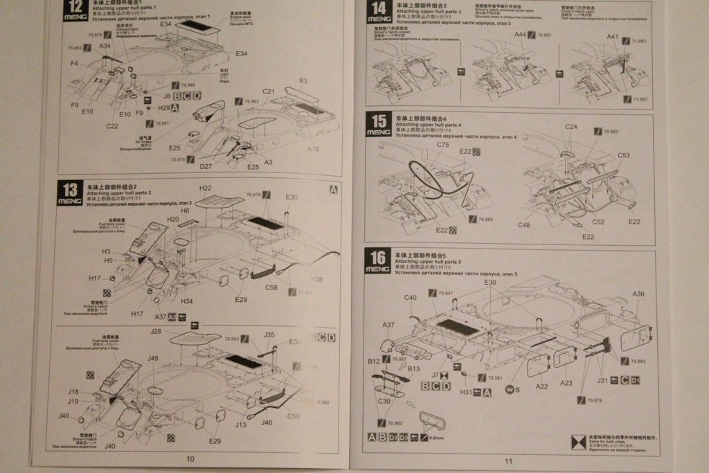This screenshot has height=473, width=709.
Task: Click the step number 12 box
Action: pyautogui.click(x=74, y=10)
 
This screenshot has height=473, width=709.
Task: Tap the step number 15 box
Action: pyautogui.click(x=378, y=123)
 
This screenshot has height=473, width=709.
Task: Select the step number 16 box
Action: pyautogui.click(x=378, y=260)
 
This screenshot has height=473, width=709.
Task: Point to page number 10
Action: pyautogui.click(x=190, y=458)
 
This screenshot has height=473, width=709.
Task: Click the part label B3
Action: pyautogui.click(x=303, y=81)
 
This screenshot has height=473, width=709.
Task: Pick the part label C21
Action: pyautogui.click(x=269, y=91)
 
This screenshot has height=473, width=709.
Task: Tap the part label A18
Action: pyautogui.click(x=313, y=148)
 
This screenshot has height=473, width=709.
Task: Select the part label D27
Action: pyautogui.click(x=206, y=166)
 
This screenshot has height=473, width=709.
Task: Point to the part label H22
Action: pyautogui.click(x=205, y=188)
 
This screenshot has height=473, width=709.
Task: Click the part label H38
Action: pyautogui.click(x=316, y=279)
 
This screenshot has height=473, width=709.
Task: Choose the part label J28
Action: pyautogui.click(x=156, y=331)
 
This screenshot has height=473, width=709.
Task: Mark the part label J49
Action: pyautogui.click(x=153, y=358)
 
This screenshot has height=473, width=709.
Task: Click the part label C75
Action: pyautogui.click(x=443, y=145)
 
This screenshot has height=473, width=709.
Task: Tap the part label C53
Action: pyautogui.click(x=623, y=155)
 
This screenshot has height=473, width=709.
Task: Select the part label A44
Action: pyautogui.click(x=520, y=35)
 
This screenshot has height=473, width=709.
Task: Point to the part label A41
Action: pyautogui.click(x=613, y=37)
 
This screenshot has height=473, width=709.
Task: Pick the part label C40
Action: pyautogui.click(x=410, y=298)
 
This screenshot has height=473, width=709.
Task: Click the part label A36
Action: pyautogui.click(x=638, y=294)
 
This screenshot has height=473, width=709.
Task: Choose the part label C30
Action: pyautogui.click(x=384, y=401)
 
